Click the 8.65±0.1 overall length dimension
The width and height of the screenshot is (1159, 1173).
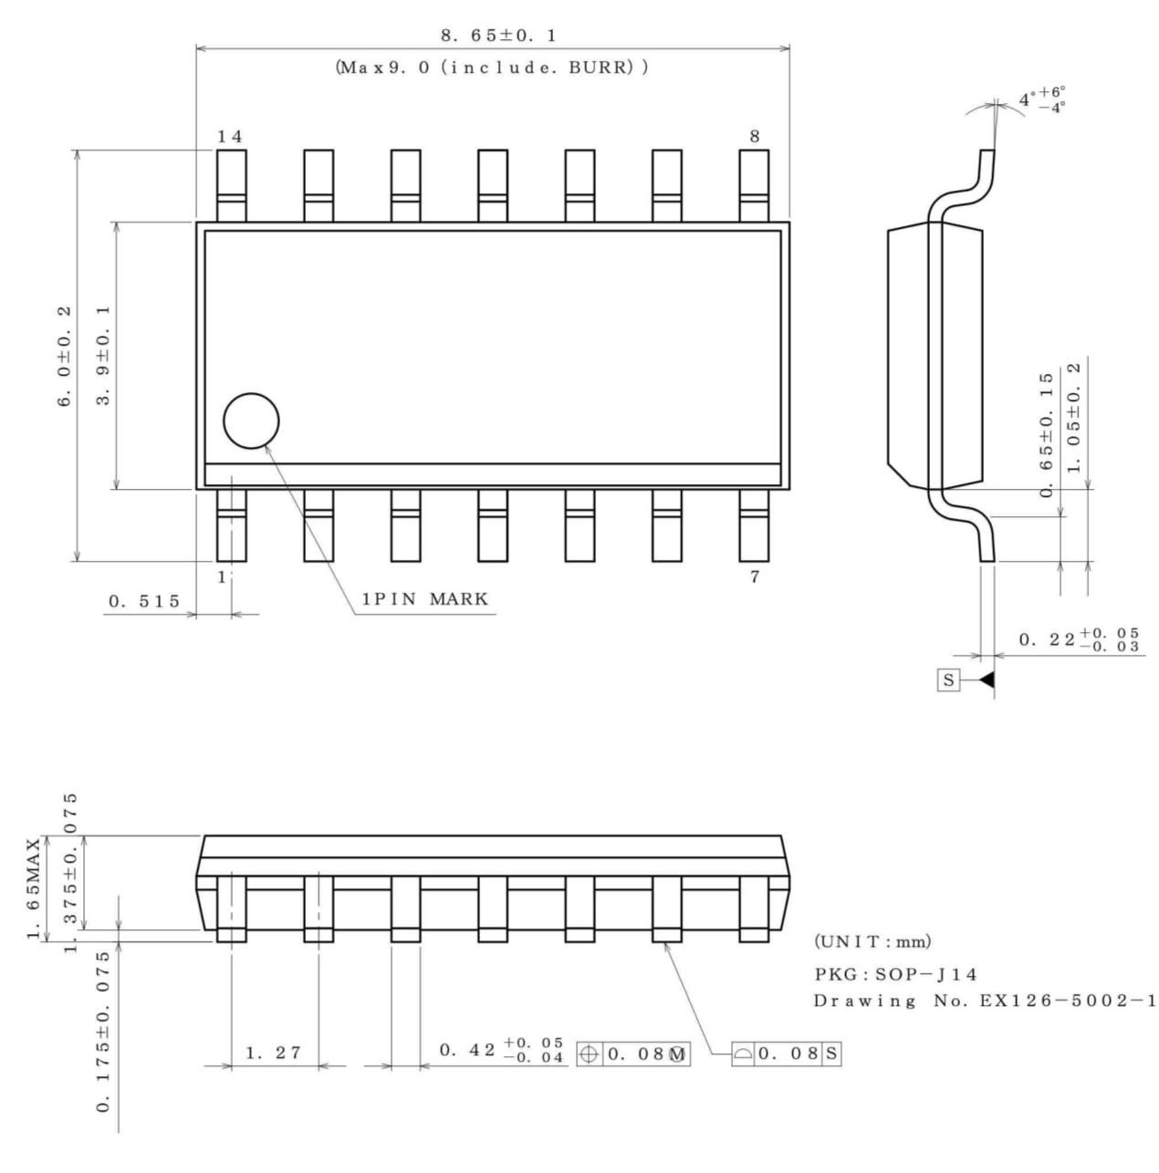click(498, 36)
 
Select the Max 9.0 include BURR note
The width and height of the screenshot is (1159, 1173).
click(492, 67)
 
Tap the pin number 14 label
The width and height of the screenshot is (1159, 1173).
click(230, 137)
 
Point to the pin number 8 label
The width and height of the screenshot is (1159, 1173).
click(755, 137)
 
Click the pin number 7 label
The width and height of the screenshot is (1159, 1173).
click(755, 576)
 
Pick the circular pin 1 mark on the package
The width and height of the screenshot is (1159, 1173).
click(251, 421)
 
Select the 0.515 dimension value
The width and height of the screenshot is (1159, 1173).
click(144, 601)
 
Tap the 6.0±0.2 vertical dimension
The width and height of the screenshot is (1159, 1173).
click(66, 356)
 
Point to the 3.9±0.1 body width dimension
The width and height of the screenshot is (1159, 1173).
click(104, 356)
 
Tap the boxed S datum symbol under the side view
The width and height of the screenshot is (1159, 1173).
click(949, 680)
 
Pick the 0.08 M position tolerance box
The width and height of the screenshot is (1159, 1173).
click(633, 1054)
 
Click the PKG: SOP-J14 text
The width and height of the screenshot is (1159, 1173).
click(896, 974)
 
